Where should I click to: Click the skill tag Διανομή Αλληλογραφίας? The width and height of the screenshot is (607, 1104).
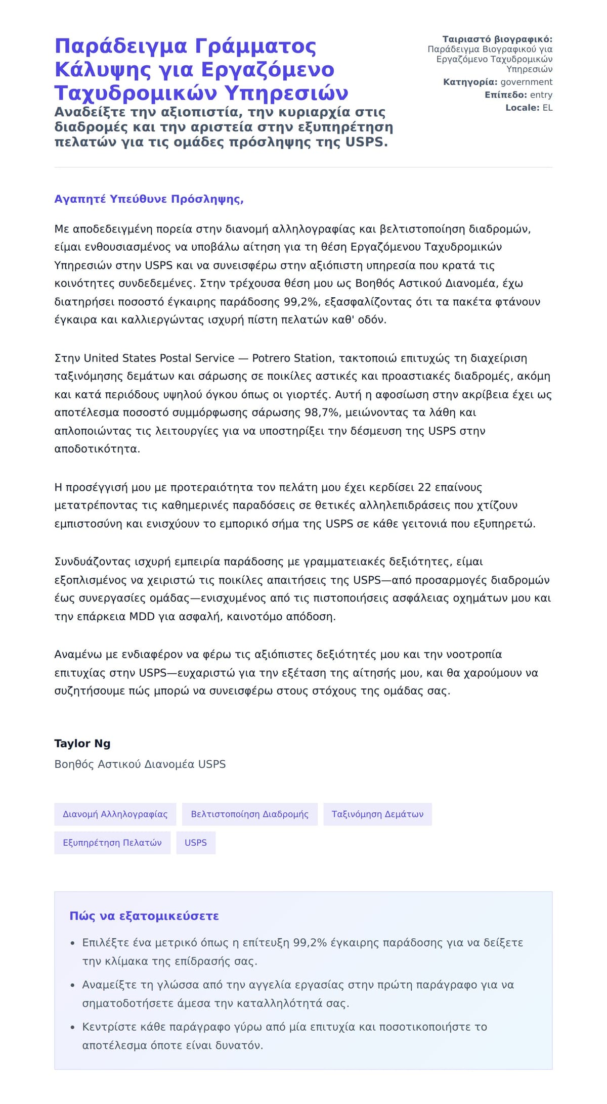click(x=115, y=814)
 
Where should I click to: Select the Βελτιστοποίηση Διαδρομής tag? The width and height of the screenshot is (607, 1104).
click(x=249, y=814)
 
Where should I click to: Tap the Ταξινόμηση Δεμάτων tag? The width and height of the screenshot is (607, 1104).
click(x=377, y=814)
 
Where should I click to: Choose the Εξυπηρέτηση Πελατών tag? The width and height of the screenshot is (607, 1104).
click(x=112, y=843)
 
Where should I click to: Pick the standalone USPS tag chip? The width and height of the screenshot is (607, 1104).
click(x=196, y=843)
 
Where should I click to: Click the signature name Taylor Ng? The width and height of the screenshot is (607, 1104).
click(x=82, y=744)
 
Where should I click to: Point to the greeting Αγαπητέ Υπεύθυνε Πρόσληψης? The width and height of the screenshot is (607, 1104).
click(x=149, y=199)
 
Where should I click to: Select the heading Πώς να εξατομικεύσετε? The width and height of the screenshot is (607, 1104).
click(x=144, y=916)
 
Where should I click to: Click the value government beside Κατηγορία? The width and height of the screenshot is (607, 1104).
click(x=526, y=82)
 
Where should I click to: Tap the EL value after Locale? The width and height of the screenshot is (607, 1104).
click(x=547, y=108)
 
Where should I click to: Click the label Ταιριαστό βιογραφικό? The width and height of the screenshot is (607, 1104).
click(x=497, y=39)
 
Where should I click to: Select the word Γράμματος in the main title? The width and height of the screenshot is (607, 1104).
click(x=255, y=47)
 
